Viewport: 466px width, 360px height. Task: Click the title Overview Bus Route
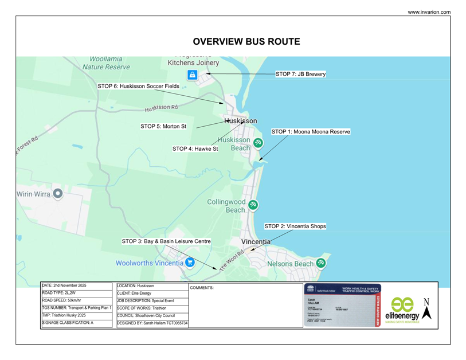tap(246, 42)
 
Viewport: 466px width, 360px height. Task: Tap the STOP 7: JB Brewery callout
tap(300, 74)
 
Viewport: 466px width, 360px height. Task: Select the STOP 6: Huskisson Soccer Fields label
tap(138, 86)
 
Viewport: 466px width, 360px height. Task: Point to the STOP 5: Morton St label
tap(163, 126)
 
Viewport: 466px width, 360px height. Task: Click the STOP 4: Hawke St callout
tap(195, 149)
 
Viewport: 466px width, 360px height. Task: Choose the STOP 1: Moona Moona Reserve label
tap(310, 132)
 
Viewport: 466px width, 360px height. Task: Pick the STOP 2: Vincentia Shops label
tap(295, 226)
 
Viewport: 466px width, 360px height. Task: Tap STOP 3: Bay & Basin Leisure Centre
tap(166, 241)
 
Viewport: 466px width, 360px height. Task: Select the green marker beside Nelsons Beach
tap(321, 263)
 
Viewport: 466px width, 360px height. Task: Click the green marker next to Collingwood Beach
tap(253, 205)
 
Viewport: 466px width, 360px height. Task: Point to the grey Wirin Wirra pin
tap(57, 194)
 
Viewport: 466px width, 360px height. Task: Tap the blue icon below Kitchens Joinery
tap(193, 75)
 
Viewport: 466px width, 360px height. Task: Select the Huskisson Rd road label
tap(161, 107)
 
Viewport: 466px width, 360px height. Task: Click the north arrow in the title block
tap(426, 310)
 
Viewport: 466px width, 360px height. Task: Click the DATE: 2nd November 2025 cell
tap(78, 285)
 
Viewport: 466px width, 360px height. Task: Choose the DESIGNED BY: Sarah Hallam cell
tap(152, 323)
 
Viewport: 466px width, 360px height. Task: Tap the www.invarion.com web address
tap(429, 12)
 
